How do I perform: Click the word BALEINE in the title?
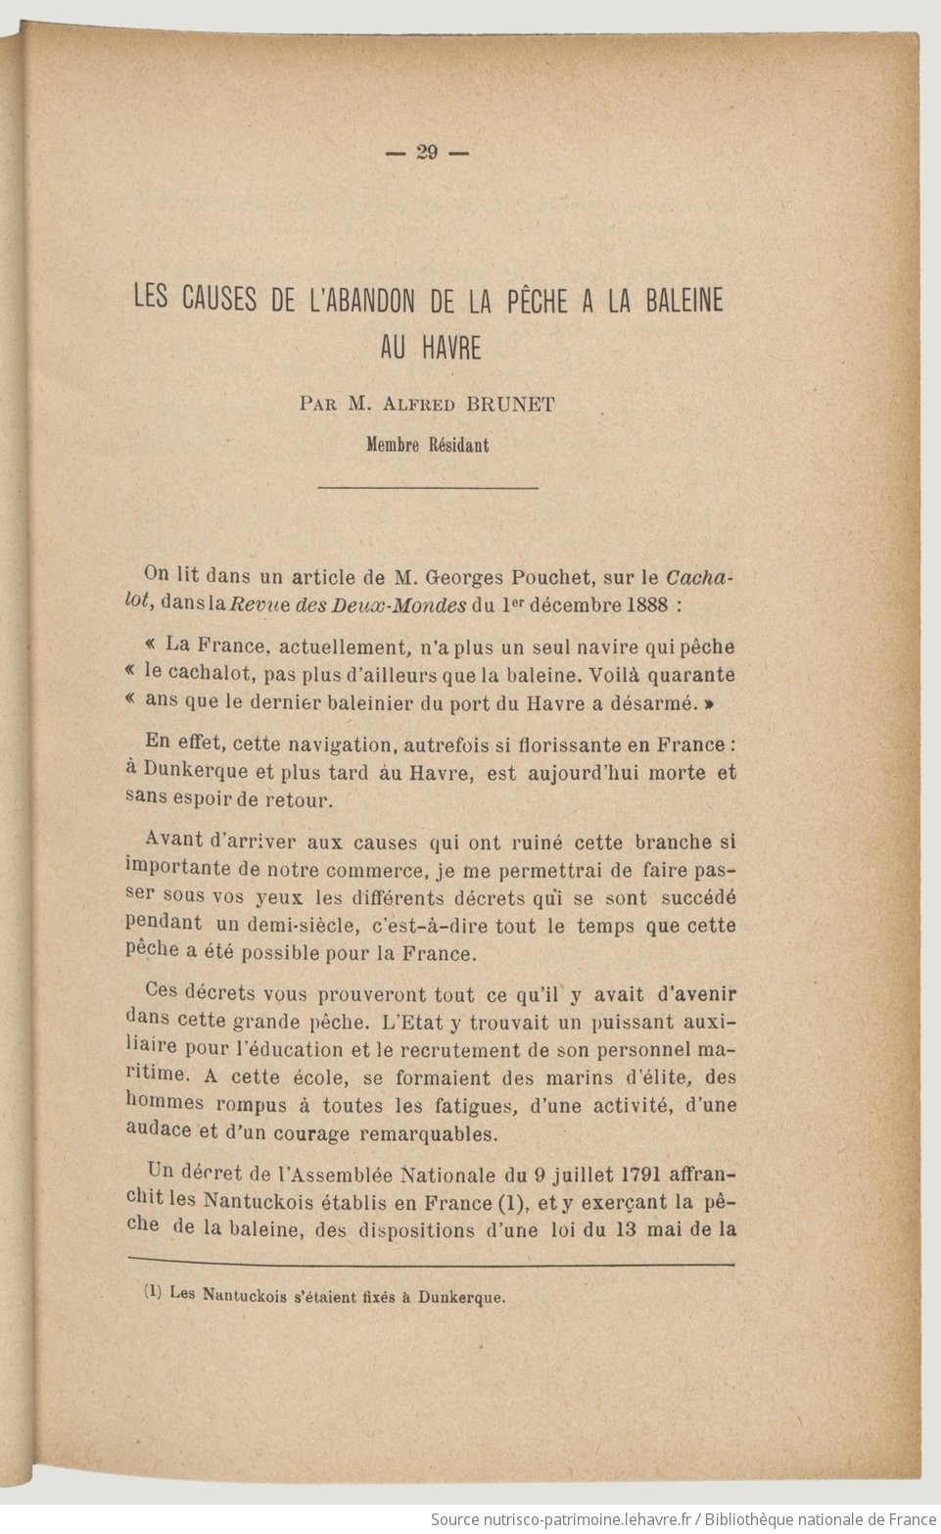pyautogui.click(x=683, y=301)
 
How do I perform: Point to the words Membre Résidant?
pyautogui.click(x=427, y=444)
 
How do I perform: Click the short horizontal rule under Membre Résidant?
pyautogui.click(x=428, y=487)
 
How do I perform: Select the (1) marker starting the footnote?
pyautogui.click(x=153, y=1293)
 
